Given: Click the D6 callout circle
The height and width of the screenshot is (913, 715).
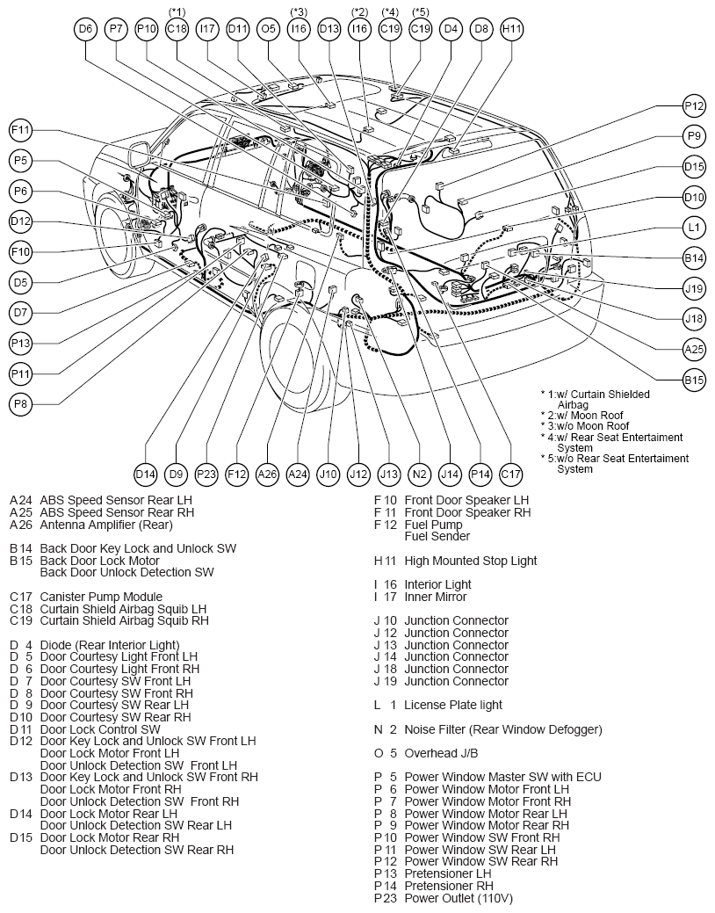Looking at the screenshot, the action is (85, 28).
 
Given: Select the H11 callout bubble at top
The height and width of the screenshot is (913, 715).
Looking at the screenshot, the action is (512, 28).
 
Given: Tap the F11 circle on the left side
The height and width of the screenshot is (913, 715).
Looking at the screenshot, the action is (20, 130).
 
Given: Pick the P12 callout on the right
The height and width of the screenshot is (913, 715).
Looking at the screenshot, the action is (694, 106).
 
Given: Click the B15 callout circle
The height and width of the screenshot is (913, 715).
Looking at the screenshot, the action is (694, 380).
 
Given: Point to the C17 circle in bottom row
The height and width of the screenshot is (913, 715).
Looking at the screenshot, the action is (510, 474).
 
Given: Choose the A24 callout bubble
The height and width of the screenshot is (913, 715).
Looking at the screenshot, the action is (298, 474).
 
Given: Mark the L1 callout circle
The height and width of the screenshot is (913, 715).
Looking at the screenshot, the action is (694, 227).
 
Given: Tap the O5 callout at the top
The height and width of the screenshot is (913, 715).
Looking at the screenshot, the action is (269, 28).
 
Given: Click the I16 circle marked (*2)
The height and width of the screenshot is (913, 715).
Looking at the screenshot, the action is (360, 28).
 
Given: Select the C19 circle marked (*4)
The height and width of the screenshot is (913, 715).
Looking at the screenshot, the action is (390, 28).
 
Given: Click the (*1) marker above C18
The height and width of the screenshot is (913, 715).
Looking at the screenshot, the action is (177, 11).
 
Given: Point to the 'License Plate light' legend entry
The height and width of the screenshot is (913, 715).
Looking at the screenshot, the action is (453, 705).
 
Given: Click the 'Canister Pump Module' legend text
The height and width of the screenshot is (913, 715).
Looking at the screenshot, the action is (101, 597).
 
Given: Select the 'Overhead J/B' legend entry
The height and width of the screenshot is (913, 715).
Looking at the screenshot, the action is (441, 753).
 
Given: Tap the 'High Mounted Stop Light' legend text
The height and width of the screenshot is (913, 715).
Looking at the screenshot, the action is (471, 561).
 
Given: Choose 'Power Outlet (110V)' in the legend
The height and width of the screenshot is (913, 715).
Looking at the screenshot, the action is (459, 898).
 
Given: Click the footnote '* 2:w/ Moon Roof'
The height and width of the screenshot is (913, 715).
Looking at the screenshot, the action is (581, 415).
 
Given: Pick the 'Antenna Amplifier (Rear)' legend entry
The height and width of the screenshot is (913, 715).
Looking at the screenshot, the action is (106, 525).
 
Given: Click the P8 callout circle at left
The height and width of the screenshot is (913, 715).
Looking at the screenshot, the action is (20, 404).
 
